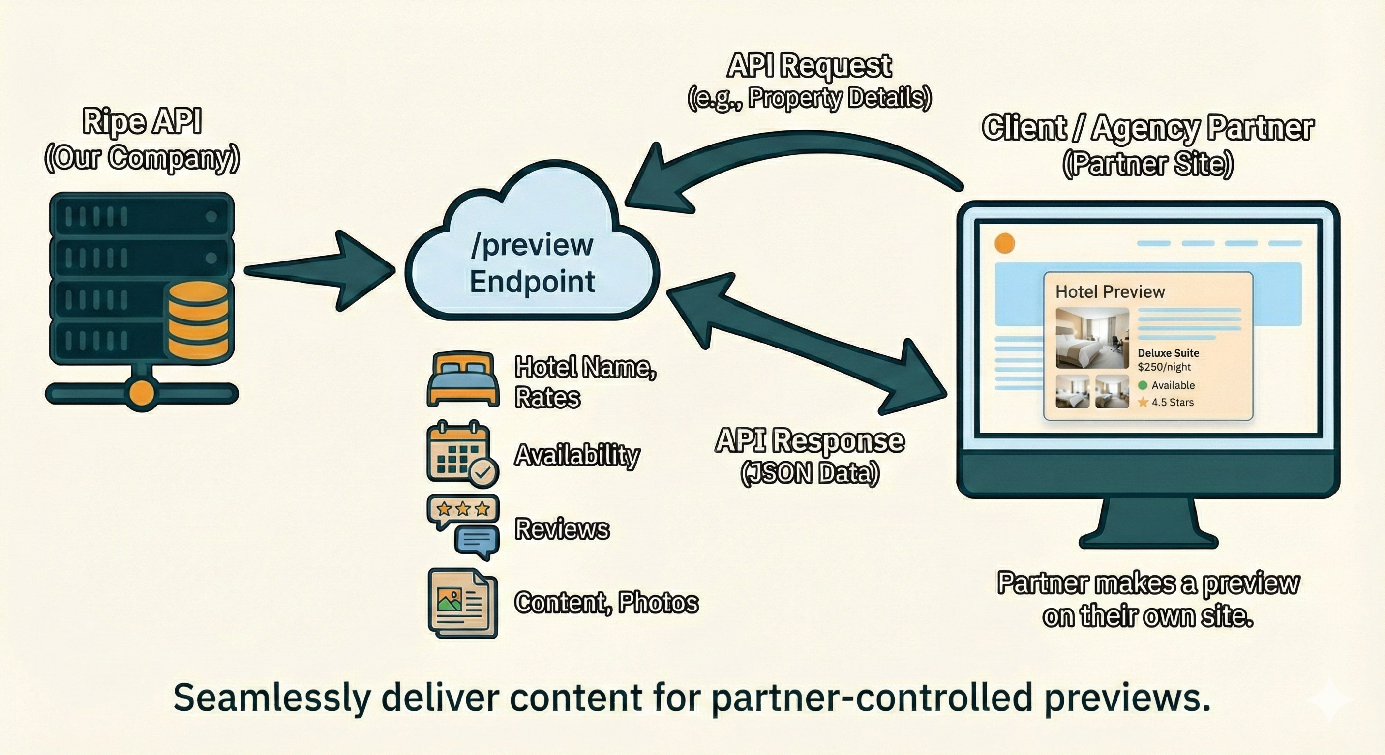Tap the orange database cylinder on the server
[198, 321]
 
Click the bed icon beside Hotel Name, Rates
[462, 379]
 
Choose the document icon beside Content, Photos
[462, 603]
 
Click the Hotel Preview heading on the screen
[1110, 292]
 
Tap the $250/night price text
[1164, 367]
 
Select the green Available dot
[1143, 385]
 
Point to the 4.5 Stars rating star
[1143, 403]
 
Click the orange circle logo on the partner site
[1004, 243]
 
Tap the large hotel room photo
[1092, 338]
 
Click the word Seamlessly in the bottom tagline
[271, 697]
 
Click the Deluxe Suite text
[1168, 353]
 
